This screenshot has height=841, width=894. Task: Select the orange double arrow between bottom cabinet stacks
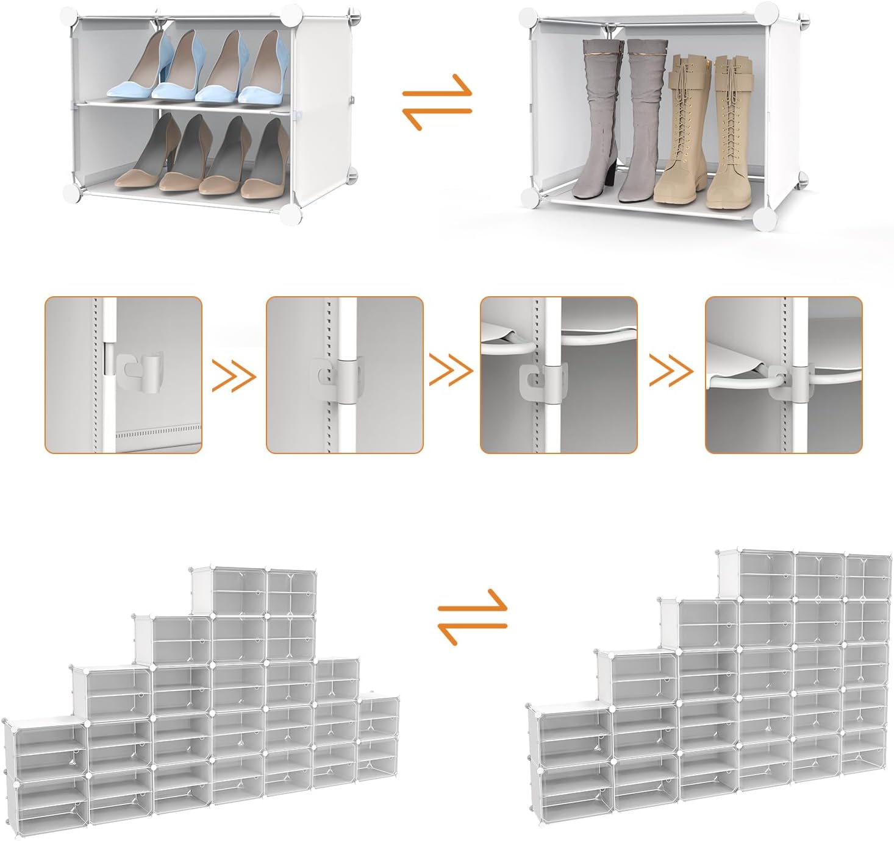click(473, 616)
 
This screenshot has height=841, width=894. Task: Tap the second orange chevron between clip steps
click(451, 371)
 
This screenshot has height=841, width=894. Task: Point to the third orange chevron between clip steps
click(671, 371)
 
